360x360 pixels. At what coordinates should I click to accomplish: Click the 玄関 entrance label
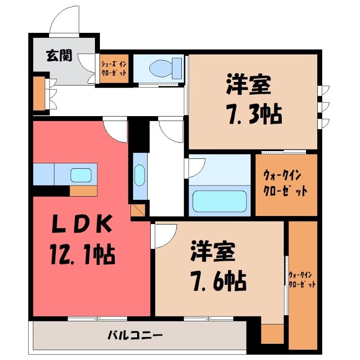[59, 56]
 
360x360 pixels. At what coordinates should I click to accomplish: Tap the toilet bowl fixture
[165, 68]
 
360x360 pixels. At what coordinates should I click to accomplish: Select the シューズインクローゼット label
[114, 68]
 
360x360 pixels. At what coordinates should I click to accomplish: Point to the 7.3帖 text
[255, 114]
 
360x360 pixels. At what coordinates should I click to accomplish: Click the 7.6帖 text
[219, 281]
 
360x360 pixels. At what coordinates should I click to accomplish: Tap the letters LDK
[82, 223]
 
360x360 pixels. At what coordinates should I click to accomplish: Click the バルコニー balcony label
[135, 335]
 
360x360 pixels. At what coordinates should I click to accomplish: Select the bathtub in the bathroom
[220, 201]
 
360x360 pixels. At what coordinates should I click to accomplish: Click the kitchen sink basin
[81, 175]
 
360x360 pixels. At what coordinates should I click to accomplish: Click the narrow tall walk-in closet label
[302, 279]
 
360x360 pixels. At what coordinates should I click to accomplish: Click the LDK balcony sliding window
[97, 319]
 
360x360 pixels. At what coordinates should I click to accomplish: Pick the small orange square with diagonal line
[138, 210]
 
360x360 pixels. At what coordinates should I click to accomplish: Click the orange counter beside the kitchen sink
[83, 191]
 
